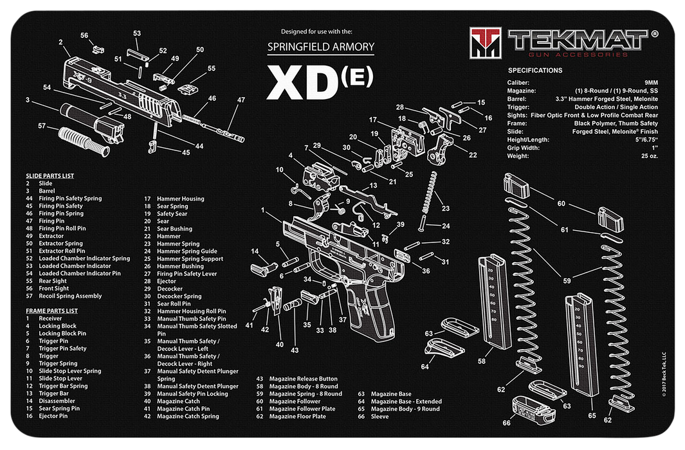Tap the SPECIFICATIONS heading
[x=535, y=70]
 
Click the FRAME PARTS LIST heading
[x=57, y=310]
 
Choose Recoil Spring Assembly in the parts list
[x=70, y=296]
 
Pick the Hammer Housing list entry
[x=181, y=199]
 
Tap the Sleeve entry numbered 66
[x=379, y=417]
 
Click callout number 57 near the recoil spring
[x=42, y=125]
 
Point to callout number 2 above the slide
[x=60, y=42]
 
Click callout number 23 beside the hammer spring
[x=446, y=208]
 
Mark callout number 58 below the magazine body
[x=482, y=361]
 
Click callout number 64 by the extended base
[x=425, y=366]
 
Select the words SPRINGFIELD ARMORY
[x=320, y=46]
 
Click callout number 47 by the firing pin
[x=241, y=100]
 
